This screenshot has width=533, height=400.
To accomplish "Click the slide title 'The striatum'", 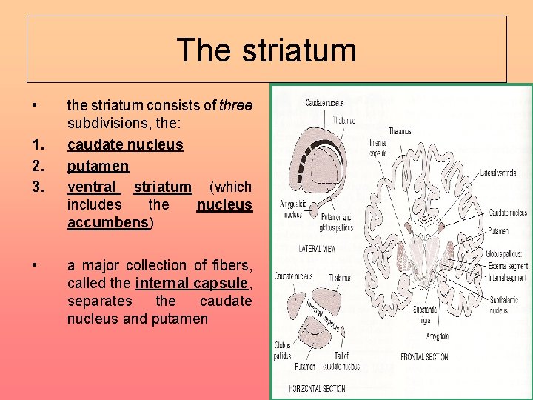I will pyautogui.click(x=266, y=50).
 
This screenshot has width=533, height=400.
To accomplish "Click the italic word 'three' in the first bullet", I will pyautogui.click(x=236, y=106).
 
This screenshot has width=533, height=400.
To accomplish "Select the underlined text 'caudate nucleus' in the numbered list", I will pyautogui.click(x=125, y=144).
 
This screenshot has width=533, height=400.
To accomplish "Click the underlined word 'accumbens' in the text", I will pyautogui.click(x=108, y=222).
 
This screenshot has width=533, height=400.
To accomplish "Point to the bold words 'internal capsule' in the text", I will pyautogui.click(x=192, y=283).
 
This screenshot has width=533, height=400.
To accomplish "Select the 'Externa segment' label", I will pyautogui.click(x=508, y=264).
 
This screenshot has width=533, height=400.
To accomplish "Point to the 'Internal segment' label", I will pyautogui.click(x=507, y=278).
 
